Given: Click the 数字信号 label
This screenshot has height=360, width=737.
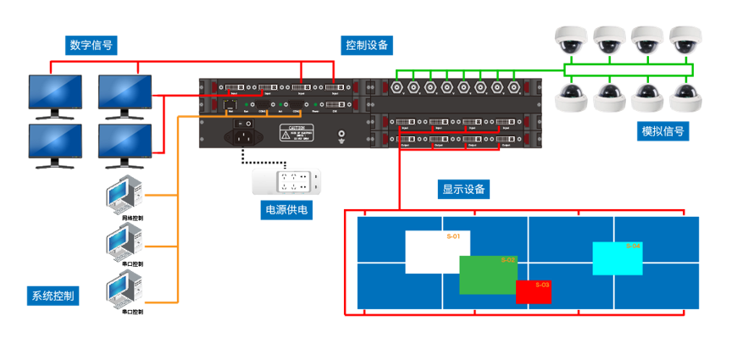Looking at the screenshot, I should point(91,45).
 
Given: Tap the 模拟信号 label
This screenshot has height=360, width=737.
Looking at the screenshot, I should point(663,131).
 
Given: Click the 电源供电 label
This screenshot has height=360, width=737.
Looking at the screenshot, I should point(285,208).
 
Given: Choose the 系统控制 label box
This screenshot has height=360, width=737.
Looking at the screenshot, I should point(53,296).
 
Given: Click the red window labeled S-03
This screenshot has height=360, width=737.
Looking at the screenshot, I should point(534,291).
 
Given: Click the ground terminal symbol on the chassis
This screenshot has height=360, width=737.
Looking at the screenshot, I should point(342,134).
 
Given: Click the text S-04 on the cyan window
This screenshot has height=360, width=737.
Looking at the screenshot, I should point(633,246).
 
